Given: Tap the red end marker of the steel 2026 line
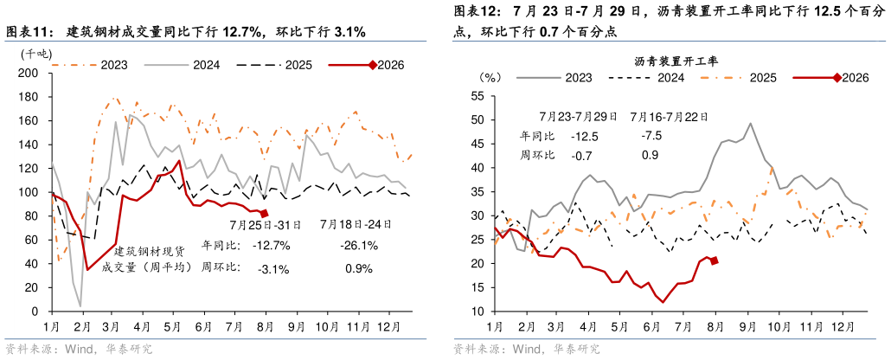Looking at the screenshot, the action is pyautogui.click(x=264, y=214).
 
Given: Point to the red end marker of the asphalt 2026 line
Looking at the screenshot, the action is pyautogui.click(x=715, y=260).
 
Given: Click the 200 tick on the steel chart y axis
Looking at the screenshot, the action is pyautogui.click(x=33, y=74).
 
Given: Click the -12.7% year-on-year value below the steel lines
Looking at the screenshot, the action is pyautogui.click(x=271, y=246).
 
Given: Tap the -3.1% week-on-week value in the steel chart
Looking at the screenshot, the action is pyautogui.click(x=273, y=269).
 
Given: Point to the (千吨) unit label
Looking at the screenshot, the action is pyautogui.click(x=35, y=54).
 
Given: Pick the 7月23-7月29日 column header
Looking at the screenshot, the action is pyautogui.click(x=579, y=117).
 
